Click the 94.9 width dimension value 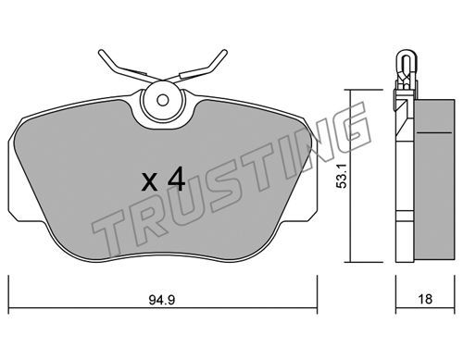162,300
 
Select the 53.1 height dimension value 343,176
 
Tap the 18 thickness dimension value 425,299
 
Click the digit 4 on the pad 176,180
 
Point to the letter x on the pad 150,182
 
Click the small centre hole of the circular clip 162,100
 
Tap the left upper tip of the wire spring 100,53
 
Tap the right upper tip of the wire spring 225,51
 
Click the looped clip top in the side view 406,57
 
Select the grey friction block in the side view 434,180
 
